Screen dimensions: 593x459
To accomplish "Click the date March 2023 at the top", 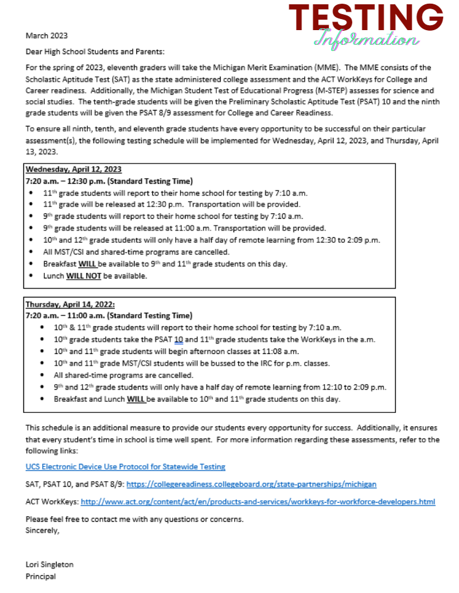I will (47, 36).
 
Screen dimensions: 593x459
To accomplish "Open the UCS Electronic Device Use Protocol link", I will (125, 467).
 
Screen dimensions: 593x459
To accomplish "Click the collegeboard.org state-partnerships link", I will (251, 484).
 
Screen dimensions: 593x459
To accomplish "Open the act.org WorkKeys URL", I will (257, 501).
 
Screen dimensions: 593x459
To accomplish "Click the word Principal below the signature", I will (41, 576).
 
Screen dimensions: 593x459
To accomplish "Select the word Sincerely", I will (42, 530).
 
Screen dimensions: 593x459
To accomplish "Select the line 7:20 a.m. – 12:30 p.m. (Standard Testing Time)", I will (109, 181).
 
